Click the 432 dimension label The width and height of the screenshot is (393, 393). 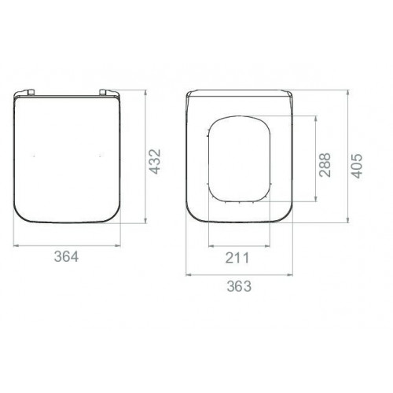click(x=155, y=161)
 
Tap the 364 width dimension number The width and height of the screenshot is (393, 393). click(x=66, y=256)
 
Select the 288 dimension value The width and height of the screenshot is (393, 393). click(x=325, y=165)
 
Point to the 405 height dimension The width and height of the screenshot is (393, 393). click(x=357, y=166)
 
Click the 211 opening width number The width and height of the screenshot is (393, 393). click(x=237, y=258)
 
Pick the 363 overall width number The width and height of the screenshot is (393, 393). click(x=239, y=286)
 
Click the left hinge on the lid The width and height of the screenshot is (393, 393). click(x=31, y=92)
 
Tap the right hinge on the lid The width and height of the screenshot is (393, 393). click(x=103, y=92)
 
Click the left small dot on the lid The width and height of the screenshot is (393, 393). click(x=34, y=156)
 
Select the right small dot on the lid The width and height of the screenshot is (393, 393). click(x=100, y=156)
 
